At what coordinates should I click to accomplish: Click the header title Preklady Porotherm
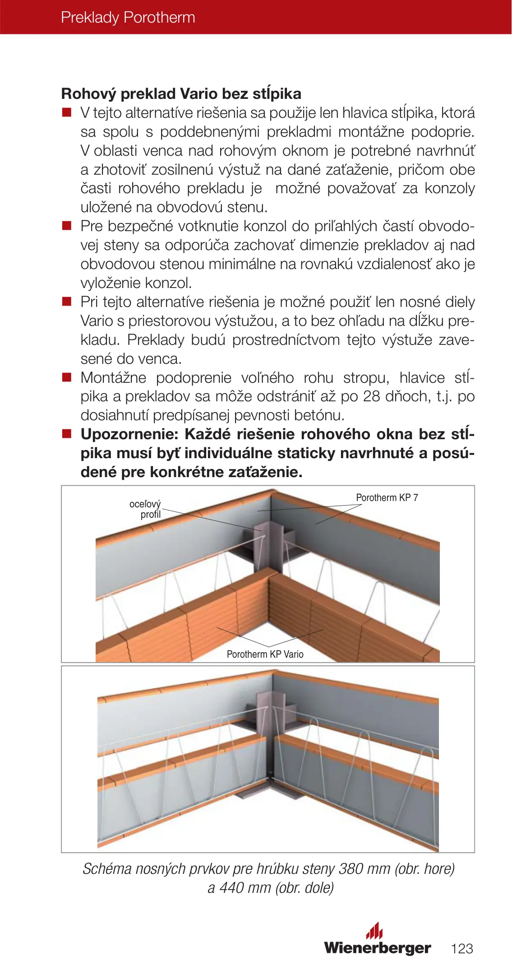click(x=128, y=18)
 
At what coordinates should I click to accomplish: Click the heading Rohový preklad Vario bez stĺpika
click(x=181, y=94)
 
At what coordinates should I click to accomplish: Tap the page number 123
click(x=462, y=948)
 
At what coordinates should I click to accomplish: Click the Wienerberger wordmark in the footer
click(x=377, y=947)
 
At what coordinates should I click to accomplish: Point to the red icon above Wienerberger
click(x=374, y=930)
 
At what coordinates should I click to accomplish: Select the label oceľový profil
click(x=145, y=509)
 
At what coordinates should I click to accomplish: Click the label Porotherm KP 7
click(x=387, y=497)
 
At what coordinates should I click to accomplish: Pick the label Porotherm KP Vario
click(x=265, y=654)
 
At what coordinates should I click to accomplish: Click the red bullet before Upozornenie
click(x=67, y=434)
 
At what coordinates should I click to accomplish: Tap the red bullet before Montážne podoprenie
click(x=67, y=377)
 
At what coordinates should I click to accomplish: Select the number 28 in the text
click(x=372, y=396)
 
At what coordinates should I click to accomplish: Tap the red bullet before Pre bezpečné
click(x=67, y=226)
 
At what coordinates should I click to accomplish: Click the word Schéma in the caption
click(x=107, y=868)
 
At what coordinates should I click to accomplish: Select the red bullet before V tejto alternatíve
click(x=67, y=112)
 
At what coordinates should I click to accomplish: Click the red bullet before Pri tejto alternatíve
click(x=67, y=302)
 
